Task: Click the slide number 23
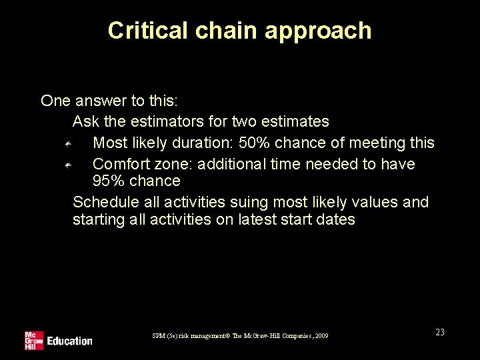point(440,332)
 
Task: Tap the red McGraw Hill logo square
point(33,341)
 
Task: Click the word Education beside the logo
point(69,341)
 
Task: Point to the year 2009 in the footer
point(321,335)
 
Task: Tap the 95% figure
point(108,181)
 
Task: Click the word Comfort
point(119,164)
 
